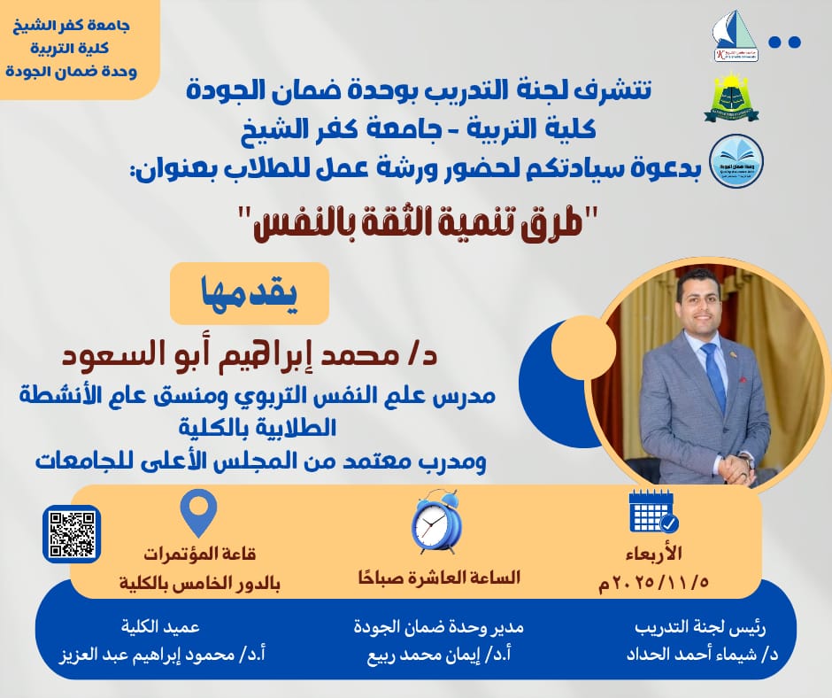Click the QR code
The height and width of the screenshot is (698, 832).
pyautogui.click(x=71, y=534)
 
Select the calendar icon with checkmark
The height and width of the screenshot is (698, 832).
pyautogui.click(x=652, y=509)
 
